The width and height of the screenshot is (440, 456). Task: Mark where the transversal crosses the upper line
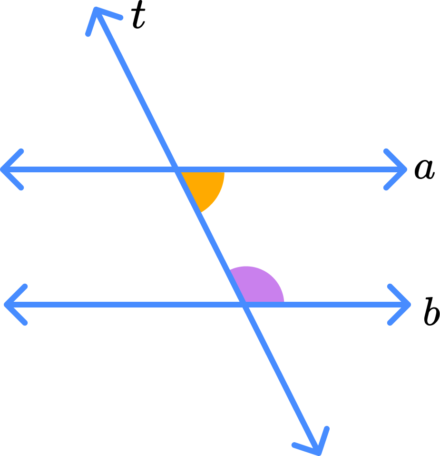177,169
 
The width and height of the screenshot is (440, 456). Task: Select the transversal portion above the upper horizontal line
138,92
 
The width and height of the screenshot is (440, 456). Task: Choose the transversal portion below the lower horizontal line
281,376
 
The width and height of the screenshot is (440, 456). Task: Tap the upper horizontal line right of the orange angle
304,169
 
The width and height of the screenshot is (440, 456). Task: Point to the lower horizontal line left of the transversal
124,304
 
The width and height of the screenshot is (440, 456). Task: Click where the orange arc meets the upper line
224,170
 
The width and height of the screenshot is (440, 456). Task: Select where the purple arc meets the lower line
284,303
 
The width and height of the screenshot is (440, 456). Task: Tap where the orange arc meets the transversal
199,212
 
